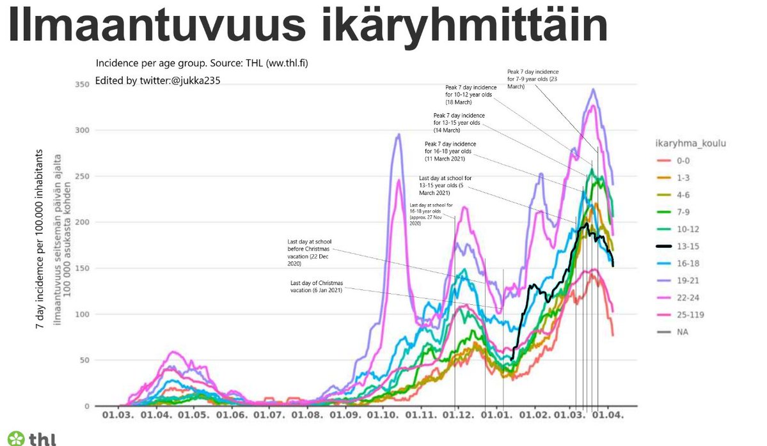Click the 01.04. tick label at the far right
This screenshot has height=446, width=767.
[607, 415]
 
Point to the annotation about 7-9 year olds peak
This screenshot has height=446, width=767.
[532, 79]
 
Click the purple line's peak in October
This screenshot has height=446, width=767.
[398, 134]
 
